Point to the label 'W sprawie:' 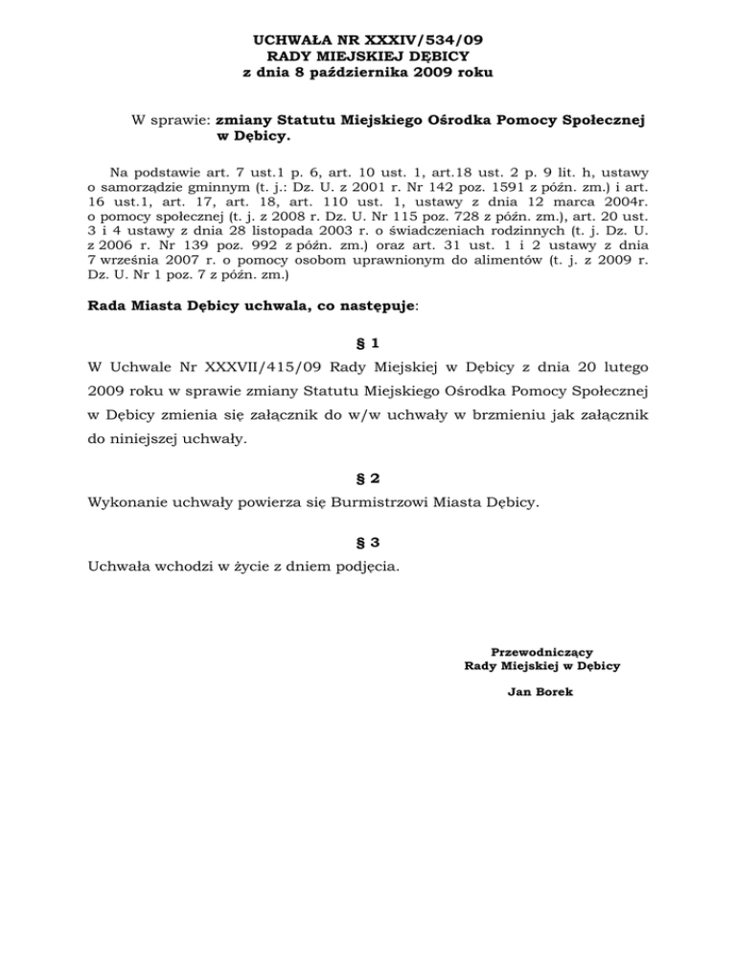click(172, 121)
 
